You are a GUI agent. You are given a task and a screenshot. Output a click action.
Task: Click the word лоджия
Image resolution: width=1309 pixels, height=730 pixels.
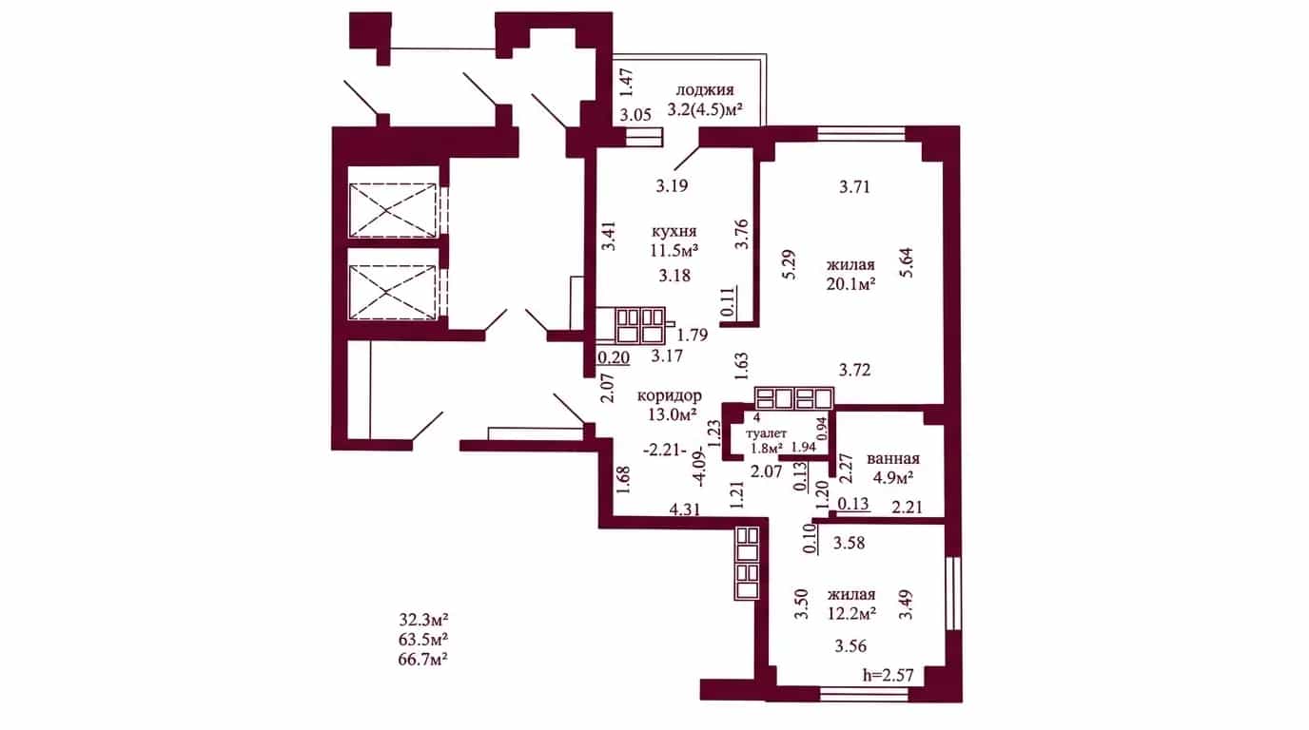[705, 90]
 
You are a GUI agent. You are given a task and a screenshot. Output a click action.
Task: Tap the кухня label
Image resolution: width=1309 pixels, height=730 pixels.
[674, 231]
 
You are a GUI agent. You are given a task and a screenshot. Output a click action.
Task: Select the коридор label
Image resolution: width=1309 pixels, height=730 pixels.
[669, 395]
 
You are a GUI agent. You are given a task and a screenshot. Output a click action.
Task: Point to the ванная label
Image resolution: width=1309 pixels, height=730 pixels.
[893, 459]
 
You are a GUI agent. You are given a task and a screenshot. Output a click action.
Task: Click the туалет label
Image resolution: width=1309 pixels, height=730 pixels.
[767, 433]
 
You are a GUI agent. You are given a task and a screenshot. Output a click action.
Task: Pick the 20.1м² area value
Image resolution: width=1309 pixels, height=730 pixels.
[850, 284]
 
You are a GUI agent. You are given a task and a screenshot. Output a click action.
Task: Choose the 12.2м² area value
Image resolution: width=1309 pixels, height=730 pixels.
[851, 613]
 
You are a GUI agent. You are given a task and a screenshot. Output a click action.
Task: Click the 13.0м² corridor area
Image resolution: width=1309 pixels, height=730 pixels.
[672, 414]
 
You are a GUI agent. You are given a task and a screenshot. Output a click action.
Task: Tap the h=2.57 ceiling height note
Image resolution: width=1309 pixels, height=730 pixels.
[889, 676]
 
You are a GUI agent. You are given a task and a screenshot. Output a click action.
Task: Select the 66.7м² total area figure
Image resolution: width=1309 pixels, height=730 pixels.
[423, 660]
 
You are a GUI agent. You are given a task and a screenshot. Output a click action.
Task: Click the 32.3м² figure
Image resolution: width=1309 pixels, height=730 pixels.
[423, 619]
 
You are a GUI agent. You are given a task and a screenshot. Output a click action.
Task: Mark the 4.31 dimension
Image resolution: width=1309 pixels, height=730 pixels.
[684, 509]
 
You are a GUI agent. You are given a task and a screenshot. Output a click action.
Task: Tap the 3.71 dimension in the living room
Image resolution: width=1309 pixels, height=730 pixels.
[855, 187]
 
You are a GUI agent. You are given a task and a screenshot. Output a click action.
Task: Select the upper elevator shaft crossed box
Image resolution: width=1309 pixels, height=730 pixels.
[393, 210]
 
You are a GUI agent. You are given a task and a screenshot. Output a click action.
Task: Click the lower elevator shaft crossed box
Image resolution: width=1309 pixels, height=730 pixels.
[393, 292]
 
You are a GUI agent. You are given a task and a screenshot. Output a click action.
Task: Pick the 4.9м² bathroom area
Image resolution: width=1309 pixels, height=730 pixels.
[893, 478]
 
